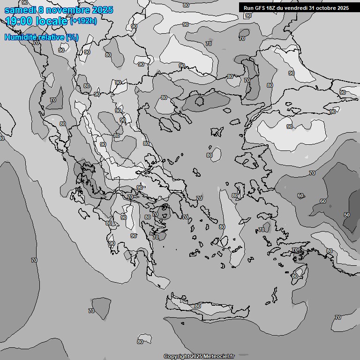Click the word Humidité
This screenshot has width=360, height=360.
pos(20,37)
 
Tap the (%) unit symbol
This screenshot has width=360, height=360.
pos(72,37)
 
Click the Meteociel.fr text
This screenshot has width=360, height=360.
pos(219,356)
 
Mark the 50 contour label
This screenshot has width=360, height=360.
pos(347,215)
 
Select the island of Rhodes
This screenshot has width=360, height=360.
pos(298,274)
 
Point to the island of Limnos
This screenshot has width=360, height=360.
pos(217,132)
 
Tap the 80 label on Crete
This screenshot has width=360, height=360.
pos(198,306)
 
